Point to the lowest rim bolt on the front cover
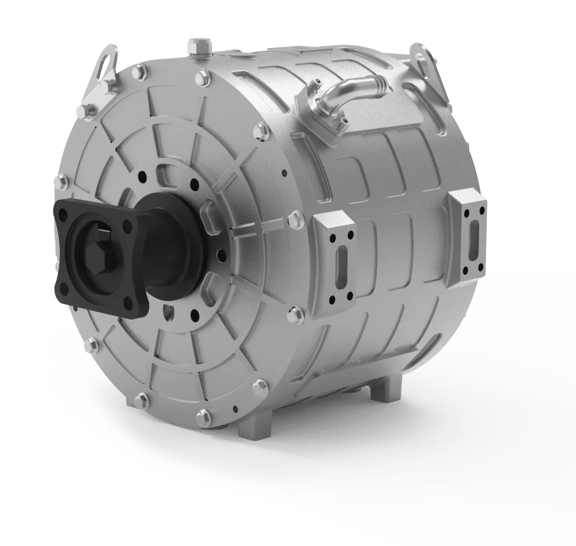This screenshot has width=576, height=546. pos(204,417)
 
